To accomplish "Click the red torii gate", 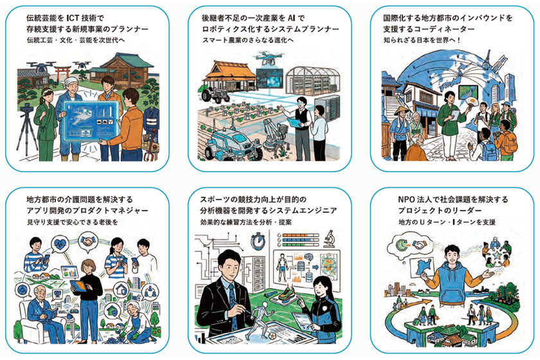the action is (63, 73).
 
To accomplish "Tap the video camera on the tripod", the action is (26, 109).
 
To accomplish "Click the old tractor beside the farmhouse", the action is (216, 93).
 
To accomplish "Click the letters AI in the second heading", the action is (292, 17).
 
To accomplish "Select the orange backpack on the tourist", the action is (509, 142).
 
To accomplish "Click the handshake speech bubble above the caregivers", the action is (88, 241).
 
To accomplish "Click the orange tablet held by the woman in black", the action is (78, 286).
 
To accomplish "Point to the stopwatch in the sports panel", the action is (258, 241).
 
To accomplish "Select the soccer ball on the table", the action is (273, 335).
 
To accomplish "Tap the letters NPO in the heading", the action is (406, 199).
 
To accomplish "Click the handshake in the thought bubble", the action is (419, 246).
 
